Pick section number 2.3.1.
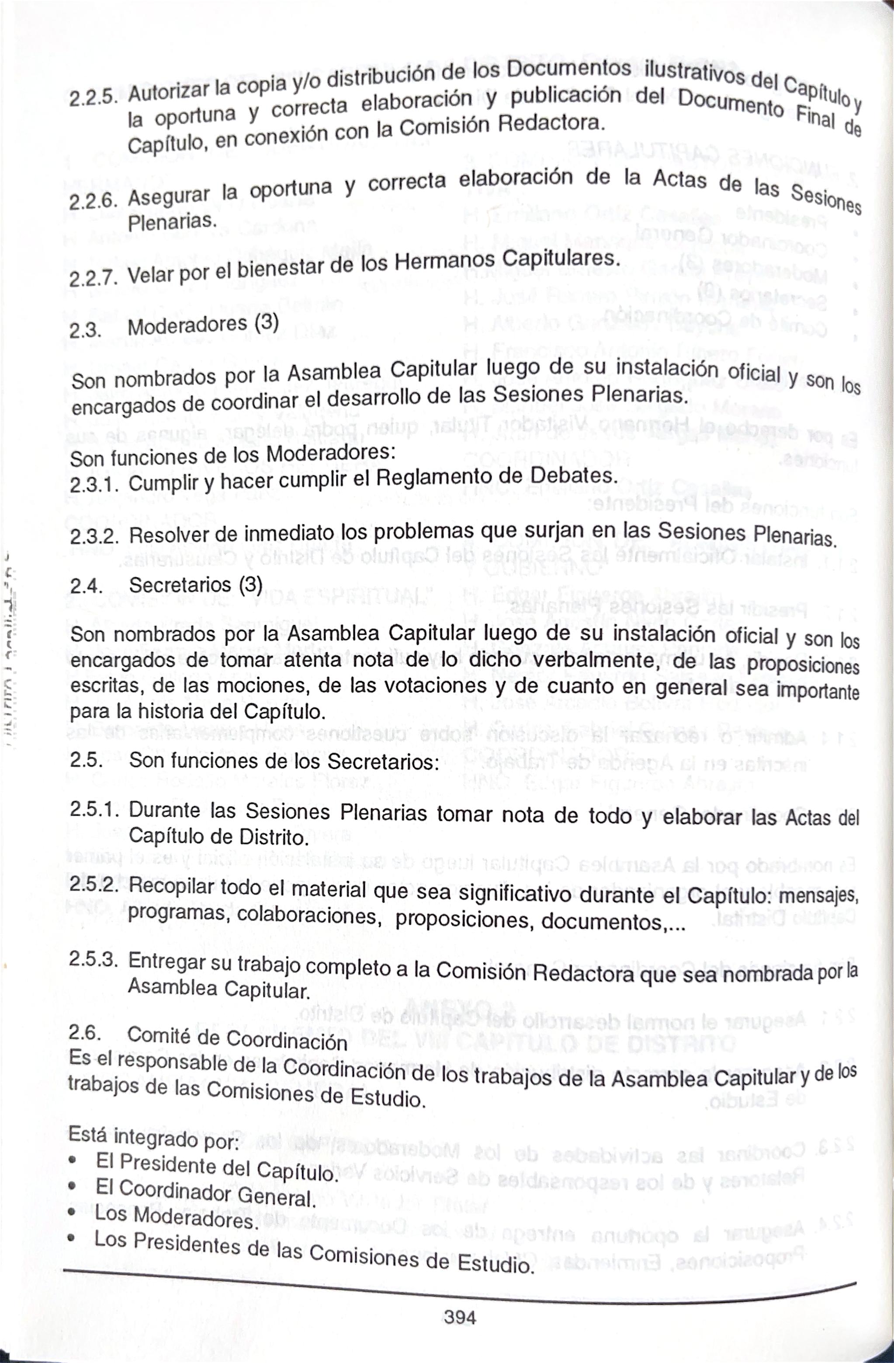point(94,484)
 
